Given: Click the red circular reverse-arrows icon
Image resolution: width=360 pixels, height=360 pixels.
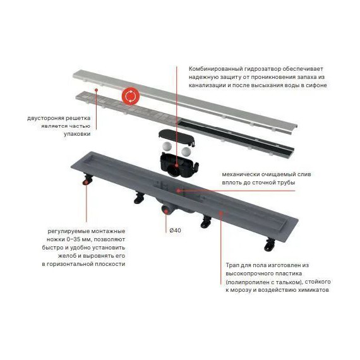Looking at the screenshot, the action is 131,96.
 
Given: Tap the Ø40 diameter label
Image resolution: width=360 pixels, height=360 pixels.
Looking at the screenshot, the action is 175,231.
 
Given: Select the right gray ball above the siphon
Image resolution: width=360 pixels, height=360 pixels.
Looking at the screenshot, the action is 186,151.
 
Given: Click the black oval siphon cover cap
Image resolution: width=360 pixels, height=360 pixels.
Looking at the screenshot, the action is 177,138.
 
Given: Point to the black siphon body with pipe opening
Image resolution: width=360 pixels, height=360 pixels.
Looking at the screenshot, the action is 178,165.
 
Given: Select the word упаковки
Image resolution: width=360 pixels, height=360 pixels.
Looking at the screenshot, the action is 77,134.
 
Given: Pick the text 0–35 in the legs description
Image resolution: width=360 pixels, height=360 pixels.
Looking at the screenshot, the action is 73,239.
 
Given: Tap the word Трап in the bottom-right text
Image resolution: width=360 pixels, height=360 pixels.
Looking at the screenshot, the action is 232,266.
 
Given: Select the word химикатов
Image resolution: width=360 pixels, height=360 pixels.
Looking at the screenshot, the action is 313,290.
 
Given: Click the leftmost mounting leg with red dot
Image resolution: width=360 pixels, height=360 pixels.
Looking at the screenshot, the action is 87,179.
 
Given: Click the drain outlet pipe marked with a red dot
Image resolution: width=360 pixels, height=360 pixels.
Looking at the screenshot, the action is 166,210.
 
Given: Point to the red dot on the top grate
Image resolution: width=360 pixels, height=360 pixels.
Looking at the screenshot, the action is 97,90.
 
